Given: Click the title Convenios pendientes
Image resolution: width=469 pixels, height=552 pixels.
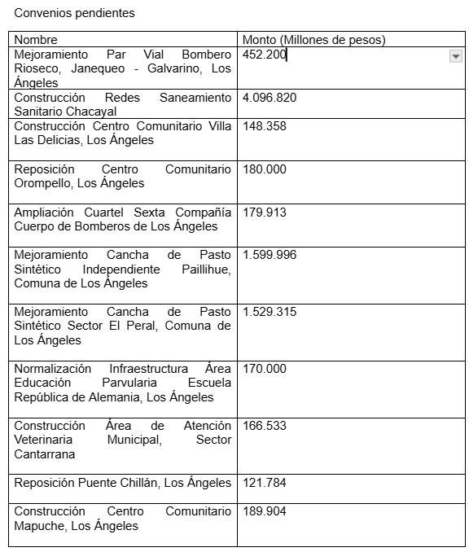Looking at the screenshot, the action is [74, 13].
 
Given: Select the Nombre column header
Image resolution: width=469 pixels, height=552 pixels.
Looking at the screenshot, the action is [36, 40].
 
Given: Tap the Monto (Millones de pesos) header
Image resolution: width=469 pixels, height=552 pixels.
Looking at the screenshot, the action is [313, 40].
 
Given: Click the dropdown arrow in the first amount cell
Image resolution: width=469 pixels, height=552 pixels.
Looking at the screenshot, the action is [456, 56].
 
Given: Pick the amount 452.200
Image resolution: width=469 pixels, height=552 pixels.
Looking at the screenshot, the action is [264, 55].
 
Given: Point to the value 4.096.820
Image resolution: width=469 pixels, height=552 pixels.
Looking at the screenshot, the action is [270, 98].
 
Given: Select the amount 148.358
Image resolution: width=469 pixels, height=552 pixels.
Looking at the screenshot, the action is [264, 126].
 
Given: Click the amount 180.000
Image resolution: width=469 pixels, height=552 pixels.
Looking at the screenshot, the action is [264, 169].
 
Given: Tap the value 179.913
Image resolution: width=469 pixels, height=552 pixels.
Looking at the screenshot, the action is [264, 212].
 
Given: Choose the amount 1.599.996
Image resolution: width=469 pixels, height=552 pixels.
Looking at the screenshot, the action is [270, 255].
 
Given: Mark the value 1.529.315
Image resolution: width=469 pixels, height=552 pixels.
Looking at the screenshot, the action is [270, 312].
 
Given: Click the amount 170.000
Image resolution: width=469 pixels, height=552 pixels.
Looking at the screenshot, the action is [264, 369].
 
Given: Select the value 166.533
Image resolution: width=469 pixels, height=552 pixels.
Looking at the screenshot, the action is [264, 426].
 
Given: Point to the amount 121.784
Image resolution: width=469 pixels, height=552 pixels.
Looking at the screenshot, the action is [264, 483].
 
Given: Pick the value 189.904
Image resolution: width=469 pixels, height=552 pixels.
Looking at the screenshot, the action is [264, 511].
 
